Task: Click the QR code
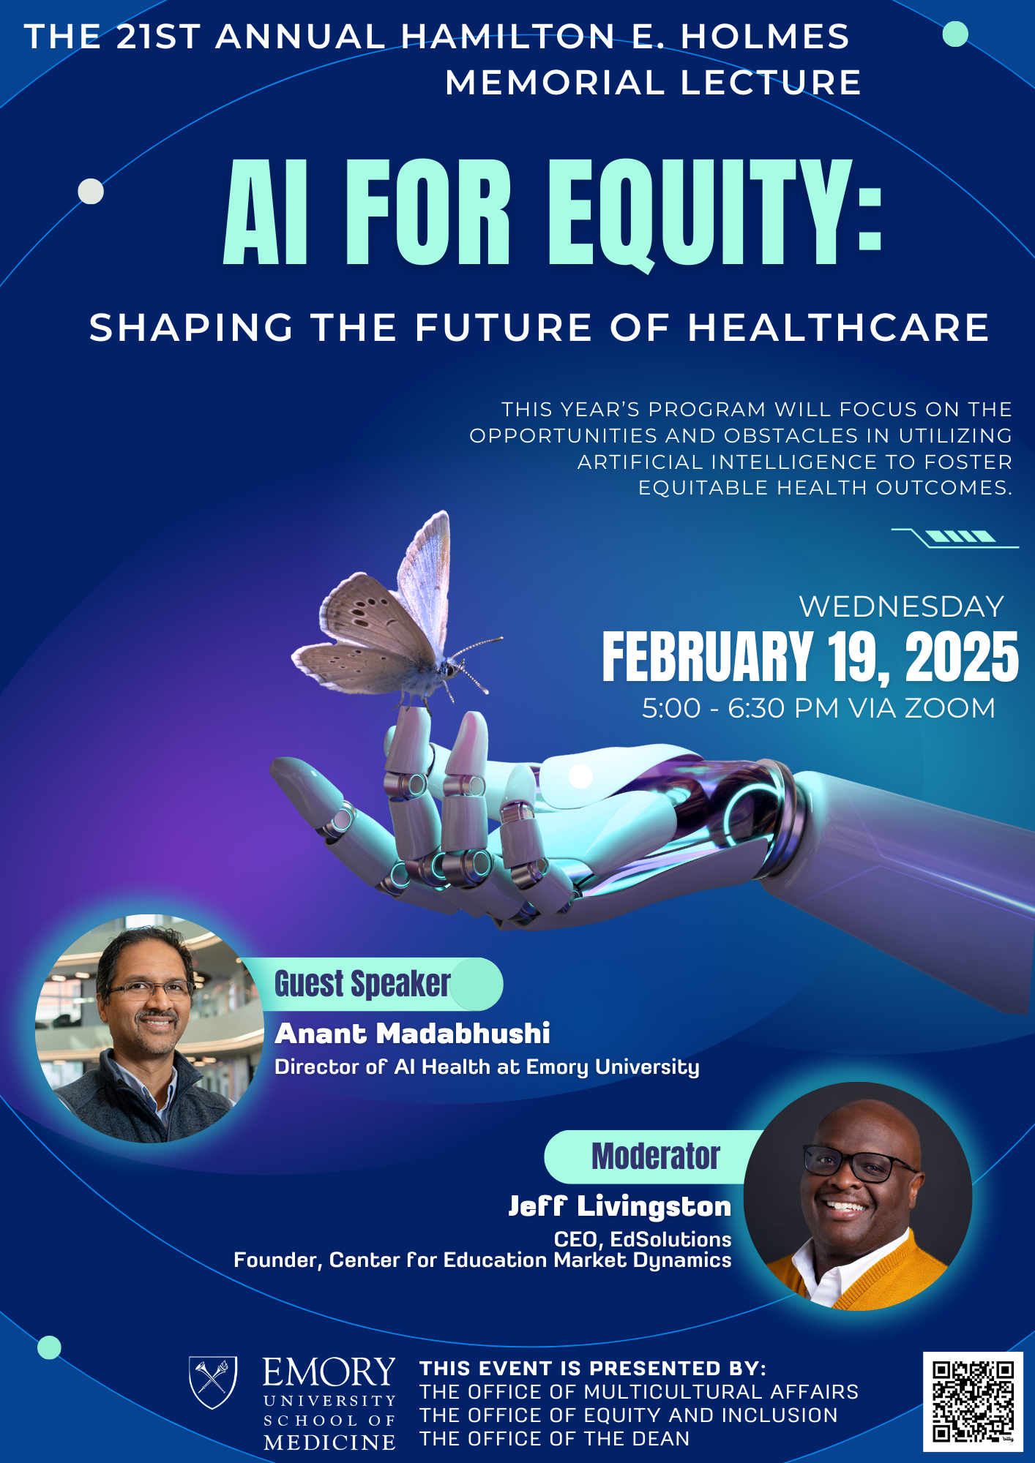(x=973, y=1401)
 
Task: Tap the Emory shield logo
(x=213, y=1381)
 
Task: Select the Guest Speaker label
(x=362, y=984)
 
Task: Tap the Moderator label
(x=655, y=1157)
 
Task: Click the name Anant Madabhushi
(x=412, y=1034)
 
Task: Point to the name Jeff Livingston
(x=619, y=1206)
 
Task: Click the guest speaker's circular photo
(x=149, y=1028)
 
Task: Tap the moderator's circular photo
(x=858, y=1197)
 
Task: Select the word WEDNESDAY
(x=901, y=606)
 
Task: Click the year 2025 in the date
(x=961, y=658)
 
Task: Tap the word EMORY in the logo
(x=329, y=1372)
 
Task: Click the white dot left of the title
(x=91, y=192)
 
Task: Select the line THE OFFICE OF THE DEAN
(x=554, y=1439)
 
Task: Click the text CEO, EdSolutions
(x=642, y=1239)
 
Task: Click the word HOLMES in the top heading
(x=764, y=37)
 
